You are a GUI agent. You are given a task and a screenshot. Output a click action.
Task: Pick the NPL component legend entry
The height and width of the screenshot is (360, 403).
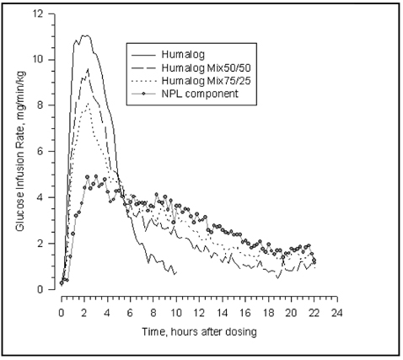214,93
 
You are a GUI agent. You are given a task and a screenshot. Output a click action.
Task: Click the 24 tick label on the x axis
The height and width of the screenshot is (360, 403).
336,312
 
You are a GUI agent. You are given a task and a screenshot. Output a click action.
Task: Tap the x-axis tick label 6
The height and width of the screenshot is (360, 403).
130,312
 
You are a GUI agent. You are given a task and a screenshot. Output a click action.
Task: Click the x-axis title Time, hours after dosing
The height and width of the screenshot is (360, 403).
198,331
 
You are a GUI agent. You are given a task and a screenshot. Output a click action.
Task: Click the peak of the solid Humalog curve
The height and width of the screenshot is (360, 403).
84,35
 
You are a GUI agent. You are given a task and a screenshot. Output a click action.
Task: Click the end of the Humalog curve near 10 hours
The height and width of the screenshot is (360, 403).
175,274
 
